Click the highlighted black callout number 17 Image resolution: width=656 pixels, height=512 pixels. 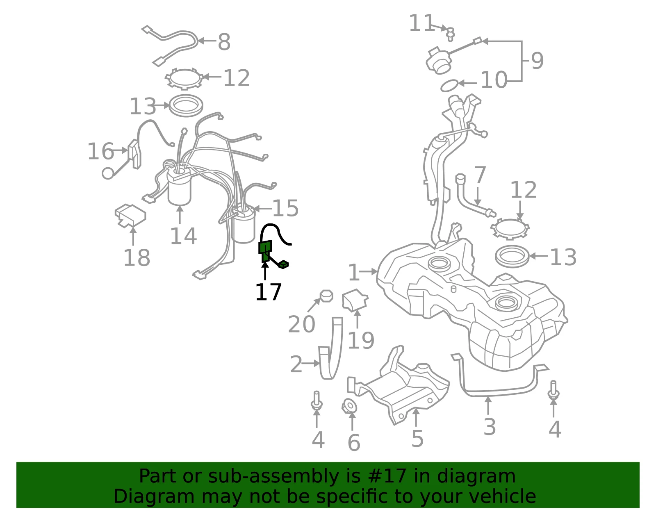(x=269, y=292)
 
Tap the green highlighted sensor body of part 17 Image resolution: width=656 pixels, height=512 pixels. (x=265, y=251)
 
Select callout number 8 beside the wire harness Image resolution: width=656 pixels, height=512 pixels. (x=224, y=42)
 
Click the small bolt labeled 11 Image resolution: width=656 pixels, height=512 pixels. (x=450, y=34)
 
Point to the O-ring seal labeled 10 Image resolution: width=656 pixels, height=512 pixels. (x=449, y=86)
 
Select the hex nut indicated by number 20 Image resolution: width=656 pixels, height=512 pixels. (x=326, y=296)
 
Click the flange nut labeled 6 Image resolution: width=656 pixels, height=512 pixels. (x=349, y=406)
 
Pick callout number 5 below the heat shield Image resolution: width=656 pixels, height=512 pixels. (x=417, y=438)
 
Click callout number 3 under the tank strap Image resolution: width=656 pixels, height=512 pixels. (x=490, y=427)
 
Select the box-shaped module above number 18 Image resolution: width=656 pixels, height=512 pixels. (x=130, y=216)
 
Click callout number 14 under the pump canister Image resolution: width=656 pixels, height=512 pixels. (x=184, y=236)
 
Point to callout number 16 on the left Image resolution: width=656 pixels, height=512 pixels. (x=100, y=151)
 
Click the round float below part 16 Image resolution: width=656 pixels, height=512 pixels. (x=108, y=173)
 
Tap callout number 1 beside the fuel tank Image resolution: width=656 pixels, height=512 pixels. (x=354, y=273)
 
